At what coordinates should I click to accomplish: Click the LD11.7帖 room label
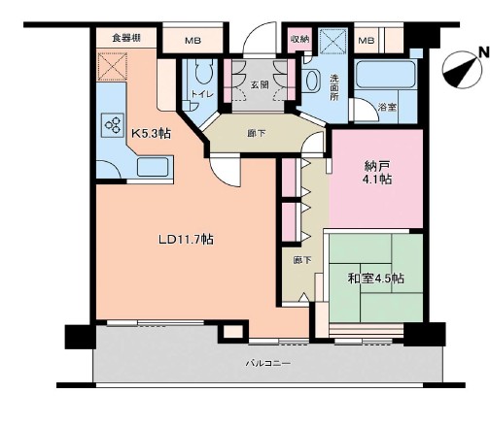[186, 240]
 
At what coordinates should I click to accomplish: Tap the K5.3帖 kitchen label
[151, 133]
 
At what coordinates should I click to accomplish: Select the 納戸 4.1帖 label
[377, 173]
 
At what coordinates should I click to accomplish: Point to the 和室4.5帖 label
[375, 279]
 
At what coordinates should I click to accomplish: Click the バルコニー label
[267, 363]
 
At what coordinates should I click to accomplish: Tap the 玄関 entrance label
[260, 84]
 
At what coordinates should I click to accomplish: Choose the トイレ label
[202, 94]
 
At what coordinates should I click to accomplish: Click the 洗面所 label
[334, 87]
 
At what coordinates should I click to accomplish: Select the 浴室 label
[388, 108]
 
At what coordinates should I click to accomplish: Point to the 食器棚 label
[126, 38]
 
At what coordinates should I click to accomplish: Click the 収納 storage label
[299, 39]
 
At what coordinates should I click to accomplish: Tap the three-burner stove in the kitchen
[113, 125]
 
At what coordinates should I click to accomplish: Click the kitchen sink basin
[153, 167]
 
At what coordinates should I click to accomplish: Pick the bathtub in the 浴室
[385, 74]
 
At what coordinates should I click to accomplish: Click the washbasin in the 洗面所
[312, 81]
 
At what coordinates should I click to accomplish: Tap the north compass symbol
[462, 71]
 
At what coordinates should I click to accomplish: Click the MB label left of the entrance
[192, 41]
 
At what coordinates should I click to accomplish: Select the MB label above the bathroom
[367, 41]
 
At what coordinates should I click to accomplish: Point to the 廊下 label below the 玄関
[257, 133]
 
